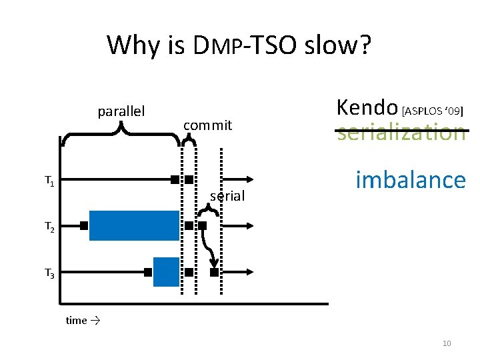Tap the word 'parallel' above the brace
click(122, 111)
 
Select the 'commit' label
click(207, 125)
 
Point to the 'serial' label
click(227, 196)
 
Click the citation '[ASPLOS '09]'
click(433, 109)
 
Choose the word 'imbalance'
click(410, 179)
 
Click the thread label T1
click(49, 180)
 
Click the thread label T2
click(49, 227)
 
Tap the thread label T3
click(49, 273)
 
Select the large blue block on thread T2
click(134, 225)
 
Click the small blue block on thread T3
click(166, 271)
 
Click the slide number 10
click(447, 343)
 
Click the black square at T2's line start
click(84, 226)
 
